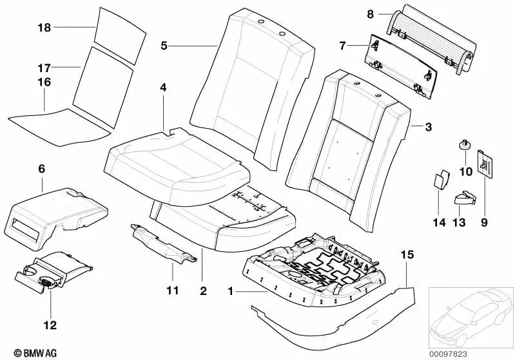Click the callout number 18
tap(43, 28)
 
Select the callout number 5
tap(164, 45)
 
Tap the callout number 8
tap(371, 14)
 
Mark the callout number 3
tap(428, 128)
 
